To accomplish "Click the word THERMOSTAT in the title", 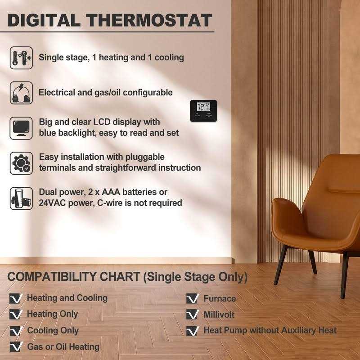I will [150, 20].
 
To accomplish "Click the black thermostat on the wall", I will [203, 110].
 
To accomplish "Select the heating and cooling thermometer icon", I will [21, 58].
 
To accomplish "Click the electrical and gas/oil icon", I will [21, 93].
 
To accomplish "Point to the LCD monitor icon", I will [21, 128].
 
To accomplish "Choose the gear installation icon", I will [21, 163].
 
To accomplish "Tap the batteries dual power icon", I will [21, 198].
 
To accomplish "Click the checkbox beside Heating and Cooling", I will [16, 298].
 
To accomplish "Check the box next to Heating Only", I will [16, 315].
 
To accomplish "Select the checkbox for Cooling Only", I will [16, 331].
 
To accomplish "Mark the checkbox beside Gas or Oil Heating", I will [16, 347].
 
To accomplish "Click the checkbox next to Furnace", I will [193, 298].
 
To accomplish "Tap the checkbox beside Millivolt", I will [193, 315].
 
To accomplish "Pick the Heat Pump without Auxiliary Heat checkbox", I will [193, 331].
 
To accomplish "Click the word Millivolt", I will [219, 315].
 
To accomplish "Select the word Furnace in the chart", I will [220, 298].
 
